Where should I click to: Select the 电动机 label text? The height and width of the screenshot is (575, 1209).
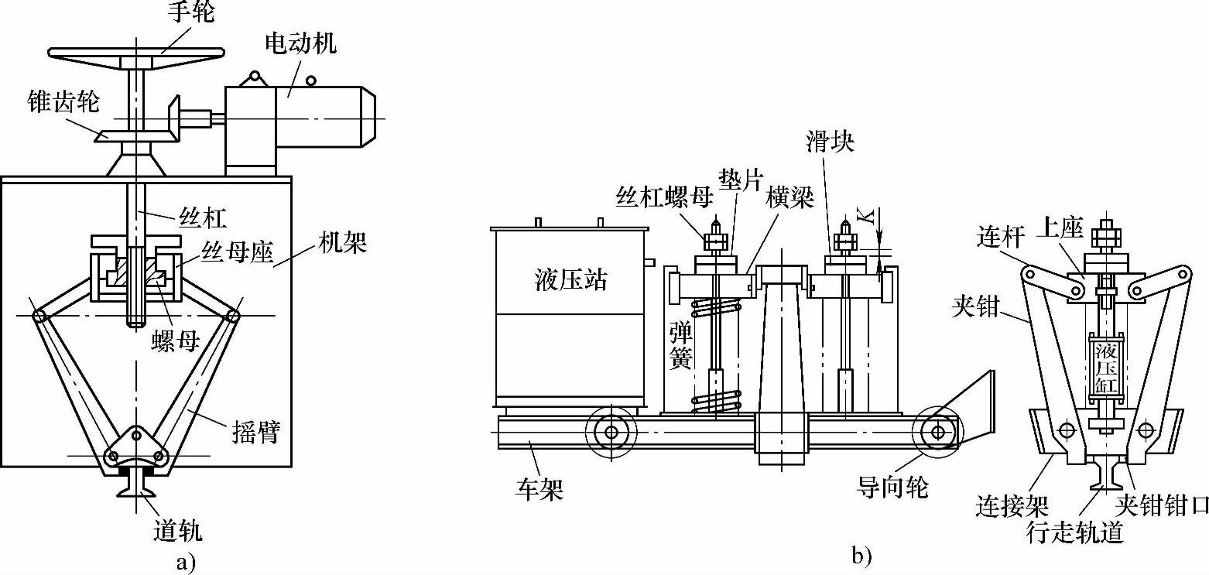point(300,43)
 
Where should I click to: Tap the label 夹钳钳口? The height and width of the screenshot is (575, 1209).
point(1161,507)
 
